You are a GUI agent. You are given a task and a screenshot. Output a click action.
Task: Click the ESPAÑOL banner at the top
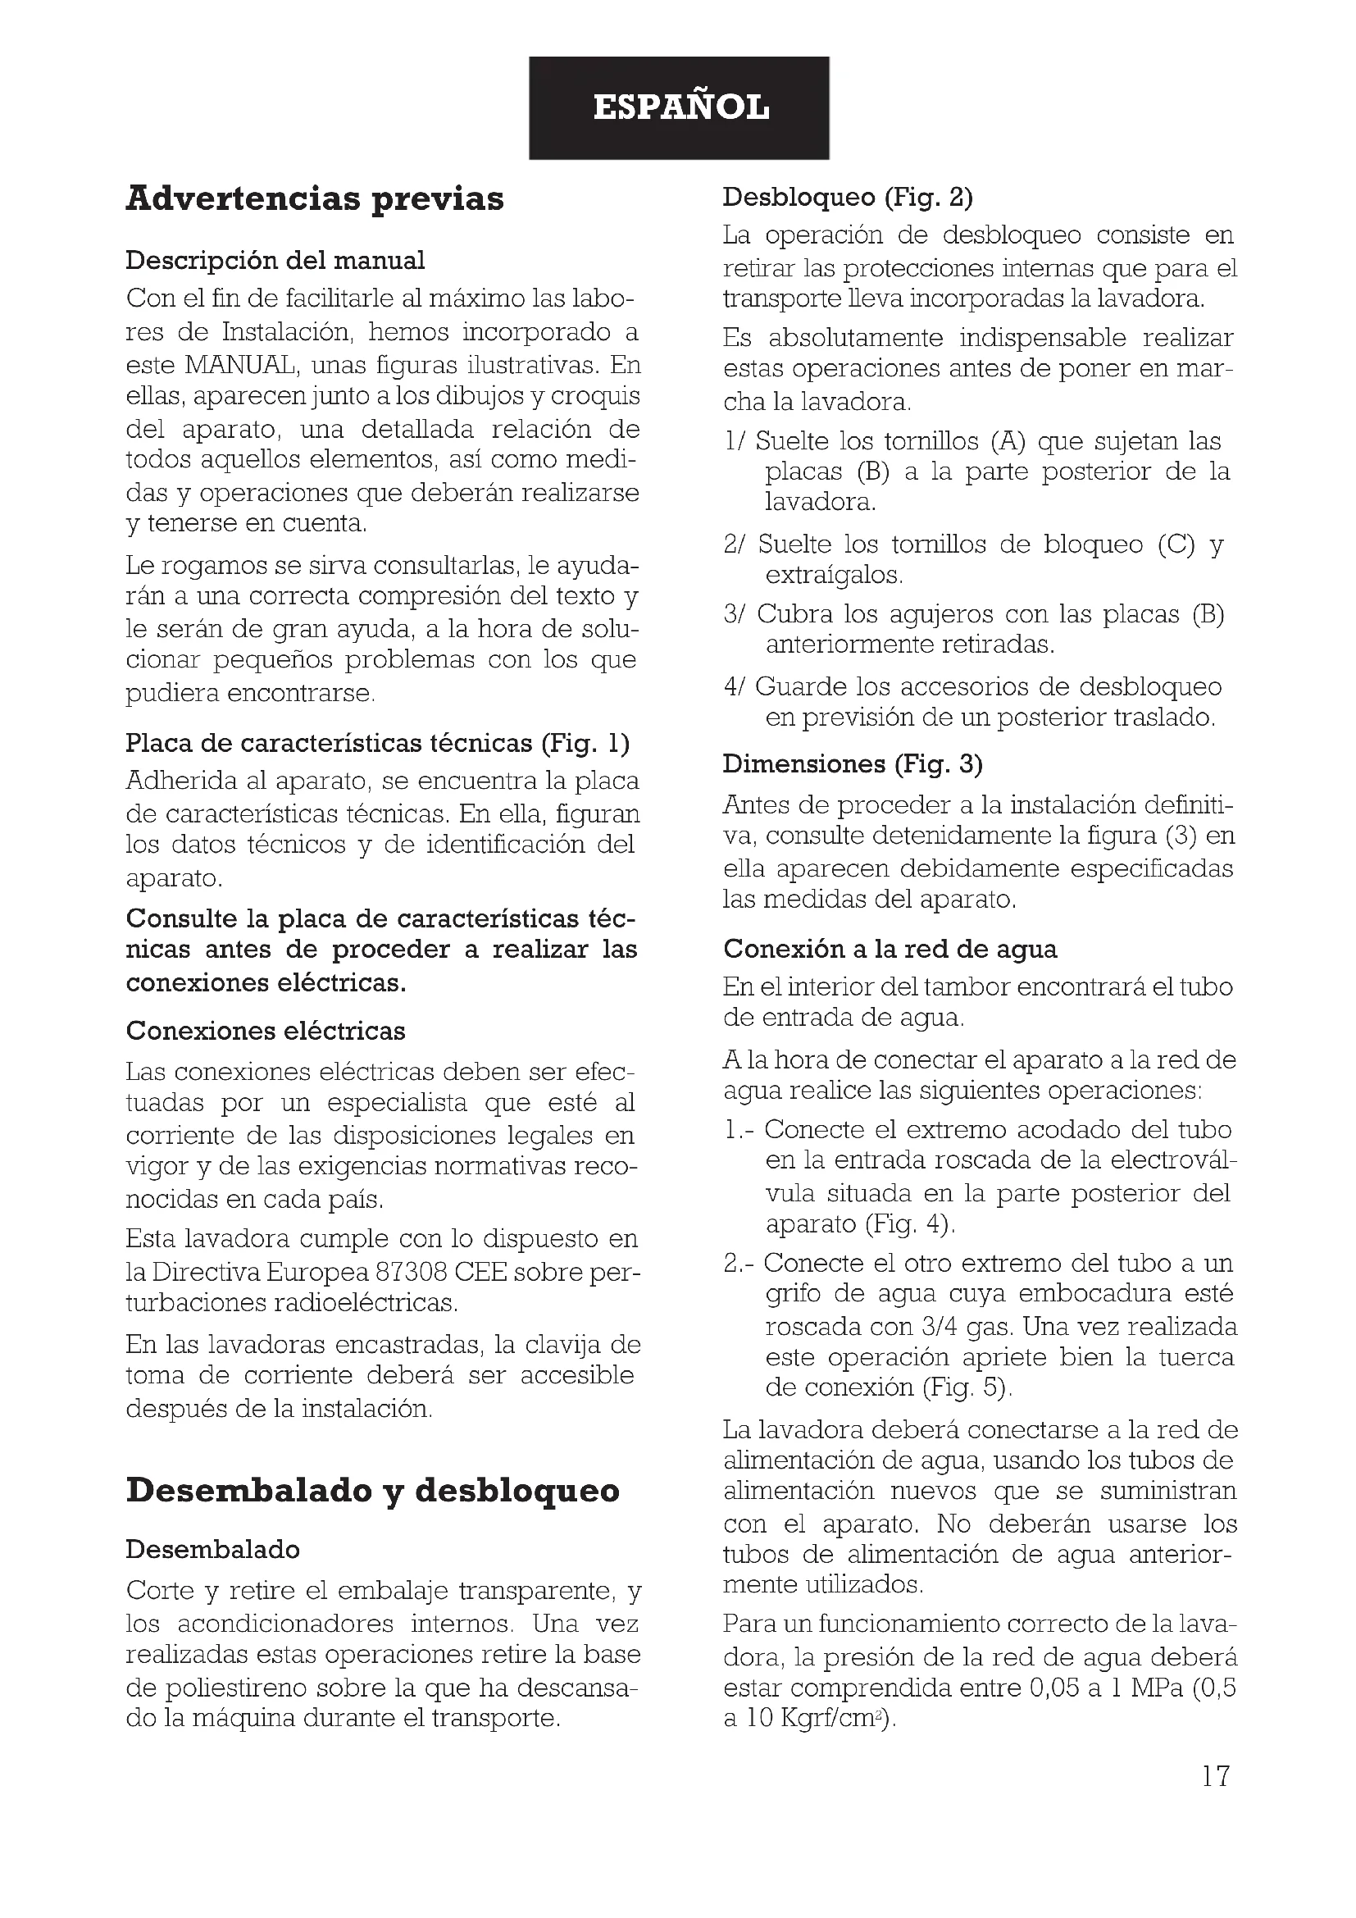[680, 107]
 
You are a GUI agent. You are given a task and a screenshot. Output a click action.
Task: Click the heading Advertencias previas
[315, 198]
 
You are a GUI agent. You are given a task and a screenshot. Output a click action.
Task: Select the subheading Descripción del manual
[275, 261]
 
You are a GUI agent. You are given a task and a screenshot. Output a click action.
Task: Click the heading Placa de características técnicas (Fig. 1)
[377, 743]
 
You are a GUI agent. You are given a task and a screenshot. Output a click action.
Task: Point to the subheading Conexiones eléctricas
[266, 1031]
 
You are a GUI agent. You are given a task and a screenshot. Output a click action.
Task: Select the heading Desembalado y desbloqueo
[372, 1490]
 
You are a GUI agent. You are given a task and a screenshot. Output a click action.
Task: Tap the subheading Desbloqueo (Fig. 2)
[848, 197]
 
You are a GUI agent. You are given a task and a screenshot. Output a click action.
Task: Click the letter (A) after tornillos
[1008, 441]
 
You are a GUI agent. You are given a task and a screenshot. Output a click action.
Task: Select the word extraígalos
[834, 576]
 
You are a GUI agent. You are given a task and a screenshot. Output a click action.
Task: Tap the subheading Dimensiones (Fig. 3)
[853, 763]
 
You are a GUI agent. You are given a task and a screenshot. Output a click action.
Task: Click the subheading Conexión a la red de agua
[890, 949]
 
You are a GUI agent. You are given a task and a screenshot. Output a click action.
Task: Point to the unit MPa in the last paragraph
[1158, 1688]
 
